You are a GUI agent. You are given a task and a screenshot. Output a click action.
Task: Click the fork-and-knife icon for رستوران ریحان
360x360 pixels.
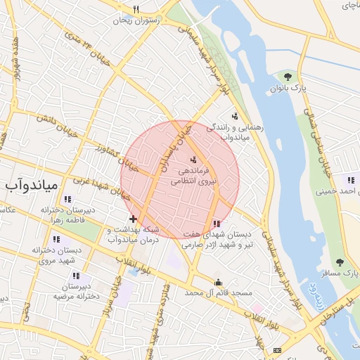point(136,10)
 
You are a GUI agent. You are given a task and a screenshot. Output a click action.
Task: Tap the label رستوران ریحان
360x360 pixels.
point(137,20)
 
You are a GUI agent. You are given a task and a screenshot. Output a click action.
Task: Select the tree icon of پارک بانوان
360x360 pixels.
point(287,76)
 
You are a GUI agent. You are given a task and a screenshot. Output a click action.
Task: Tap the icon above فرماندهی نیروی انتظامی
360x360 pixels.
point(193,160)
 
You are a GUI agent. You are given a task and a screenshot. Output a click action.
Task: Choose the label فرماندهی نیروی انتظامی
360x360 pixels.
point(193,176)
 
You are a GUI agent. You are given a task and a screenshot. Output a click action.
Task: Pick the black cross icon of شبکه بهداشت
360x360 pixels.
point(133,219)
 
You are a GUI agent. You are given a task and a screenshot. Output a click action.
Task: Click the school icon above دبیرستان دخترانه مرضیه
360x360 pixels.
point(75,276)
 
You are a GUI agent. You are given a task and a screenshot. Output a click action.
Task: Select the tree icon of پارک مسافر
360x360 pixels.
point(340,262)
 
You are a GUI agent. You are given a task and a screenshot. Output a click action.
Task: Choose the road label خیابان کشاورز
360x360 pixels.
point(107,153)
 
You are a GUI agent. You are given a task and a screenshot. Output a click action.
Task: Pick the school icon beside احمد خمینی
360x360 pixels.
point(350,179)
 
